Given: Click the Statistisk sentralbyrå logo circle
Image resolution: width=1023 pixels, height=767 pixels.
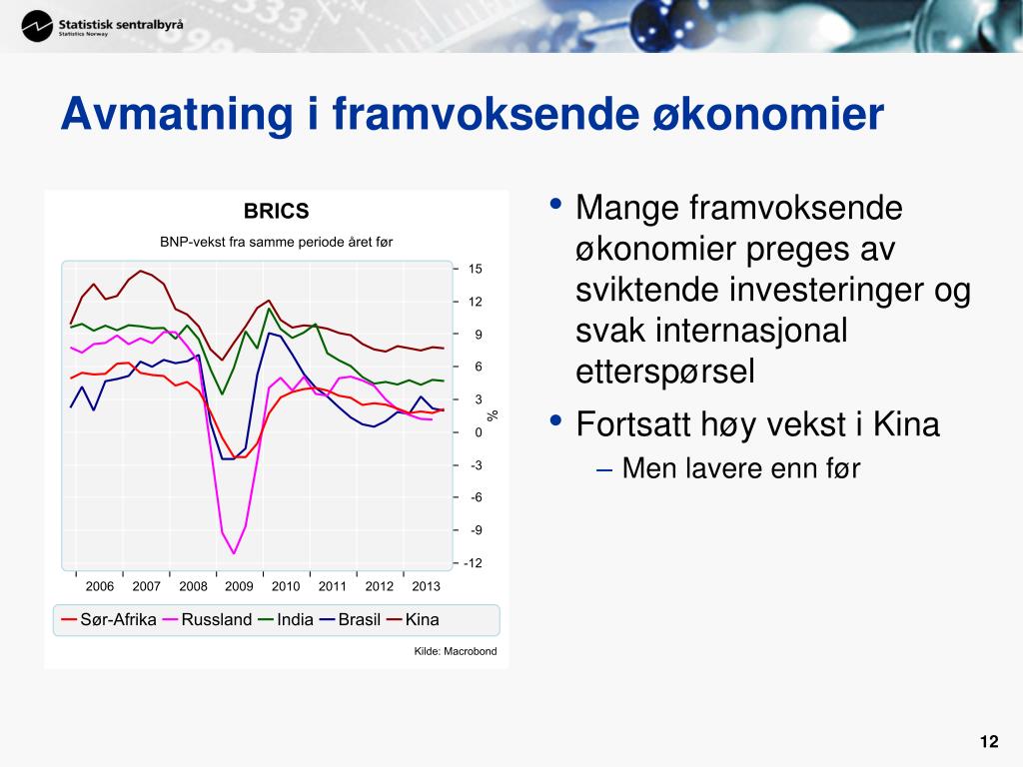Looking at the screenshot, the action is coord(37,27).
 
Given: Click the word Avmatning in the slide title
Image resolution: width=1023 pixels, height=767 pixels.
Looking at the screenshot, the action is coord(177,115).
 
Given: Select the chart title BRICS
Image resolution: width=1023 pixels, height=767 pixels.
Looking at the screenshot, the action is coord(276,212).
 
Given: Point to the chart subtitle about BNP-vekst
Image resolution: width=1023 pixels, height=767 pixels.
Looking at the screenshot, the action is coord(276,242).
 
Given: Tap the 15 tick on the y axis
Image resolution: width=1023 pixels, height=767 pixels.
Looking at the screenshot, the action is coord(475,269).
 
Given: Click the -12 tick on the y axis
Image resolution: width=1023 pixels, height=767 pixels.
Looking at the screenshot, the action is coord(473,563).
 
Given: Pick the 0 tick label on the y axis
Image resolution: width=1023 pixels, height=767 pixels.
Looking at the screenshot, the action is coord(479,432).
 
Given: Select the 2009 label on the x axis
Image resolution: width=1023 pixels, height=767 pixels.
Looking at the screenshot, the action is coord(239,586).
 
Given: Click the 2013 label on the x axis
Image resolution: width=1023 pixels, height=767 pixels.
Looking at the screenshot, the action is coord(426,586).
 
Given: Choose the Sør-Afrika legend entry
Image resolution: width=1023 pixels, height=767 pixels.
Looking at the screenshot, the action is coord(109,619).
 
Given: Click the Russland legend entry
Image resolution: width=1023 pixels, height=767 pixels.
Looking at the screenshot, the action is coord(208,619).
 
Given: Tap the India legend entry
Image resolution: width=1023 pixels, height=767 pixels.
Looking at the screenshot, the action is coord(286,619).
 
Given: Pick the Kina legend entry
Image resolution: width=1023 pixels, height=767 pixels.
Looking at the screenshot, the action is coord(413,619).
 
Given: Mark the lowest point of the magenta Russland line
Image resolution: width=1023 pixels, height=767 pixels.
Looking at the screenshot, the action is coord(234,553).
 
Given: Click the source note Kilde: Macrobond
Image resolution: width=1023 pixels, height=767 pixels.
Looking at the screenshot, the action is coord(456,651).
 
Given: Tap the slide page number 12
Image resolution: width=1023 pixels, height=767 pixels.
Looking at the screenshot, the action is coord(989,742).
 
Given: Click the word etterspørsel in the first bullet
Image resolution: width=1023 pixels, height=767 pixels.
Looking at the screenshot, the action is coord(664,372).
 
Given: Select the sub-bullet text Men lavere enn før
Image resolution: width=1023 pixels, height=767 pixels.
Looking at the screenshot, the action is coord(741,468).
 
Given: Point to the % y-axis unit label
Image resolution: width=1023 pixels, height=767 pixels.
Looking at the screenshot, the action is coord(493,415).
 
